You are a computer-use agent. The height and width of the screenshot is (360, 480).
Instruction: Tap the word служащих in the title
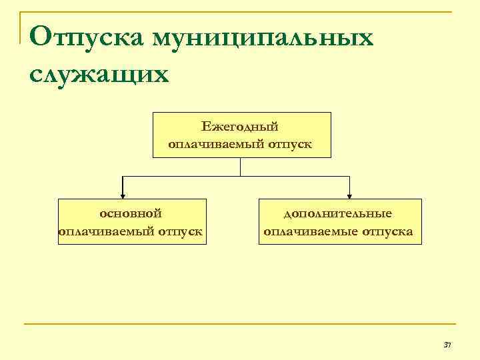click(x=99, y=72)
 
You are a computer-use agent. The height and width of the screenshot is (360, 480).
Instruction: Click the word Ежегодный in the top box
click(x=239, y=126)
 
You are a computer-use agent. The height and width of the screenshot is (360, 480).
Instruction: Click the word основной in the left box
click(x=131, y=213)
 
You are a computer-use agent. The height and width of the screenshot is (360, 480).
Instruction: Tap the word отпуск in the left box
click(x=181, y=231)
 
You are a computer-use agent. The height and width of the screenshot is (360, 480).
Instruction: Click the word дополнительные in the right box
click(x=338, y=213)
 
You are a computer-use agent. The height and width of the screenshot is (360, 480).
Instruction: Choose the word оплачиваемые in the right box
click(x=311, y=231)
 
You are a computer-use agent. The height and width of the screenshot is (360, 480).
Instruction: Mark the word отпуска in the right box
click(x=388, y=231)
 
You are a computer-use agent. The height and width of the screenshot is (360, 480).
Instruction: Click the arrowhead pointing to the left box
click(x=122, y=195)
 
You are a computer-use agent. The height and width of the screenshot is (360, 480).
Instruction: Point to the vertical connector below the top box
click(x=241, y=167)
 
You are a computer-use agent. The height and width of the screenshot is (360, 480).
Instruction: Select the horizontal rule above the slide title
click(x=240, y=12)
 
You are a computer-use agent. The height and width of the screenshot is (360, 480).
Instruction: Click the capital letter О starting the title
click(x=41, y=37)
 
